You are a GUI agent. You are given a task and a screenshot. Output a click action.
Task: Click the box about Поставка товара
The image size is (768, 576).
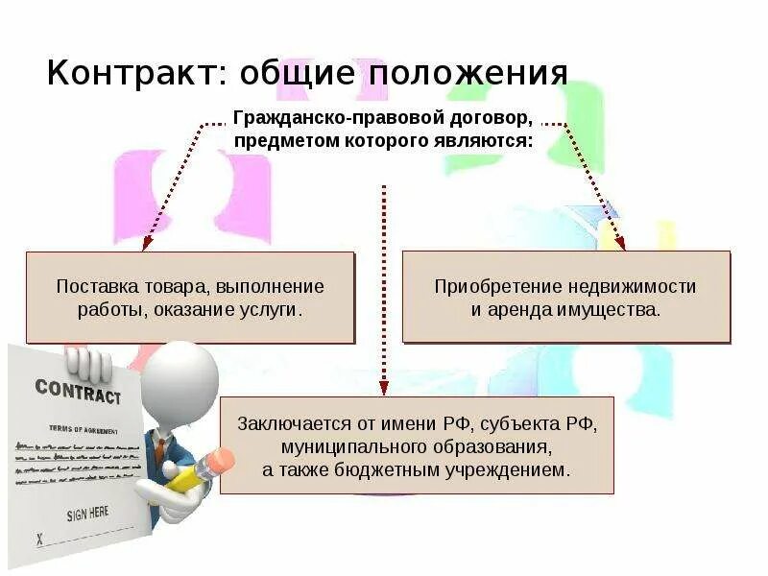[190, 298]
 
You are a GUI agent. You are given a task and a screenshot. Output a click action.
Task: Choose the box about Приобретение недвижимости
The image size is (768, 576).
[565, 298]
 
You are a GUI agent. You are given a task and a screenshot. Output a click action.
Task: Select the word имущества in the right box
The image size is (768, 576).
[610, 311]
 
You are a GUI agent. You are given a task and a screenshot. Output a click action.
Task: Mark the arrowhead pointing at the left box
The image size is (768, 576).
[145, 245]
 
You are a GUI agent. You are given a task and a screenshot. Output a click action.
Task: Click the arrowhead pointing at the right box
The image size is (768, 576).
[620, 245]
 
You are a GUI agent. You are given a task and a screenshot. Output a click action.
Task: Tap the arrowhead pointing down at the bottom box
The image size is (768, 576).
[384, 386]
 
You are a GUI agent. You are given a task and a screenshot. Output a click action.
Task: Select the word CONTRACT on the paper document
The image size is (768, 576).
[78, 391]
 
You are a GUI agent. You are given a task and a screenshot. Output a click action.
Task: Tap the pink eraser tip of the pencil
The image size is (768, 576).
[223, 460]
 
